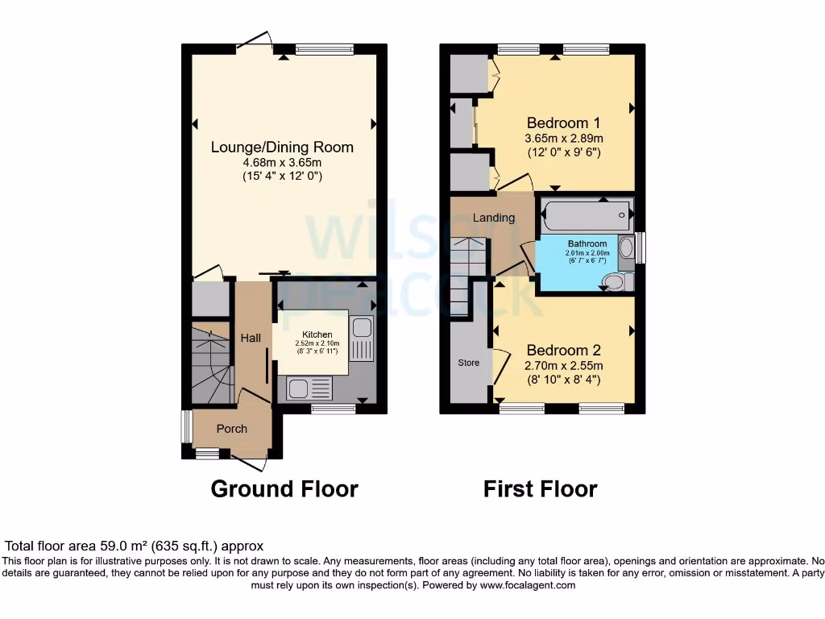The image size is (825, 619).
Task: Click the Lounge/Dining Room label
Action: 282,147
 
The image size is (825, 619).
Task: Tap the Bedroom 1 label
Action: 563,123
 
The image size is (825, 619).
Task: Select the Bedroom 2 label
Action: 563,351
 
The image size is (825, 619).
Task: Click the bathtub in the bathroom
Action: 585,215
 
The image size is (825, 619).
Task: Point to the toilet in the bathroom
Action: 617,281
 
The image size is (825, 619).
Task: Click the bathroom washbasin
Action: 626,247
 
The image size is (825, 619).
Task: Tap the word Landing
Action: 493,218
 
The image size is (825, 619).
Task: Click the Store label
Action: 468,363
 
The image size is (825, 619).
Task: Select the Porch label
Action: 232,428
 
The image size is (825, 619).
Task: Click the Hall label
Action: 251,338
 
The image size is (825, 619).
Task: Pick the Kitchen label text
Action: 317,334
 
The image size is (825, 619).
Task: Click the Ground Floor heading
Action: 284,488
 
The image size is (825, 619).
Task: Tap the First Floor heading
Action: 540,488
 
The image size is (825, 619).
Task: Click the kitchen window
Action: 334,409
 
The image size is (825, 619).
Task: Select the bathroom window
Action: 641,247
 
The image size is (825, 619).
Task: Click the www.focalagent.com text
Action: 527,585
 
